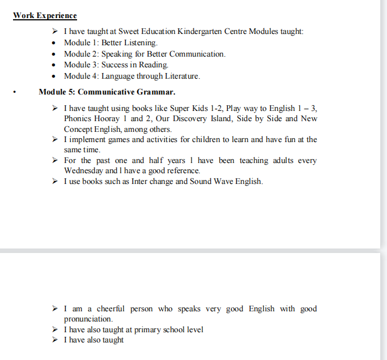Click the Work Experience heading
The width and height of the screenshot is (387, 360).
[x=45, y=15]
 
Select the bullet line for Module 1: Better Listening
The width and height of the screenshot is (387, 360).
[x=110, y=42]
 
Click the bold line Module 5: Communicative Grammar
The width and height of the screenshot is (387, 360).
[x=107, y=91]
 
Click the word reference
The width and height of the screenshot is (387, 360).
[x=181, y=170]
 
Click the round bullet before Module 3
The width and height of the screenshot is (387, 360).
[x=53, y=65]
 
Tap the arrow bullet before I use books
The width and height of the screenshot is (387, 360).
[x=54, y=181]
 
